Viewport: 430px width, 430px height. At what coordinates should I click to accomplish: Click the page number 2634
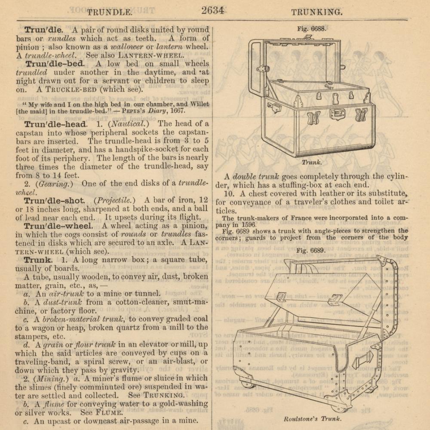click(212, 10)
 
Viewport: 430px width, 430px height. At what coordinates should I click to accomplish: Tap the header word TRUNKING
click(317, 12)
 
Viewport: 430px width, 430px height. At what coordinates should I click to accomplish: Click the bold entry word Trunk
click(38, 260)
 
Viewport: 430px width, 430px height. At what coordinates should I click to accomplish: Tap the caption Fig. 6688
click(312, 29)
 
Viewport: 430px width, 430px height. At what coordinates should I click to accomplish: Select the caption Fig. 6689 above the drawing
click(311, 251)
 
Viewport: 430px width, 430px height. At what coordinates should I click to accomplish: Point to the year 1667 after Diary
click(176, 111)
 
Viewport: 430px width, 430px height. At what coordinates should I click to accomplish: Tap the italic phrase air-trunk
click(66, 293)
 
